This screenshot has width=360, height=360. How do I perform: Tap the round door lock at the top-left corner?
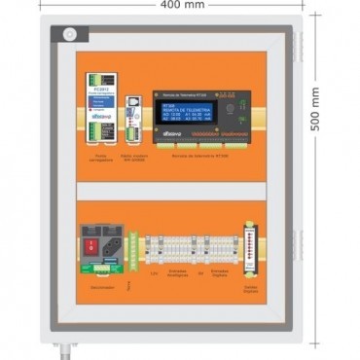[x=69, y=33]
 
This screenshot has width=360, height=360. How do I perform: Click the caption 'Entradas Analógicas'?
[x=178, y=273]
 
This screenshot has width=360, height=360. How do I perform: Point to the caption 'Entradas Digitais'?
[x=220, y=273]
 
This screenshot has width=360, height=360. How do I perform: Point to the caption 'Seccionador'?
[x=100, y=287]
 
